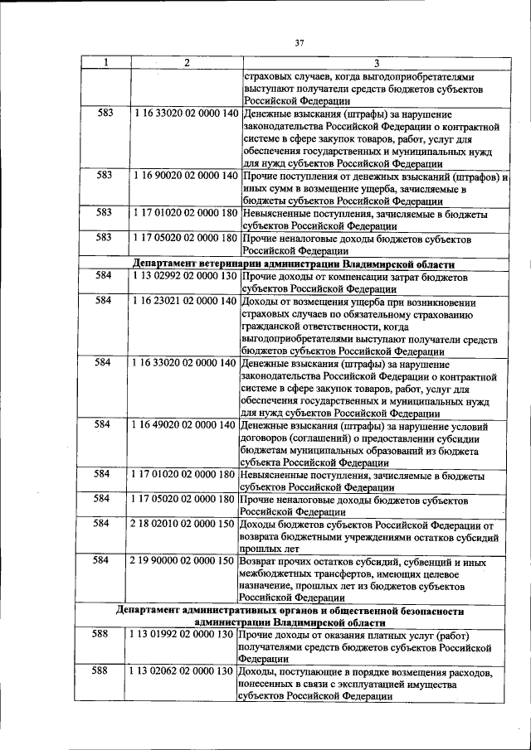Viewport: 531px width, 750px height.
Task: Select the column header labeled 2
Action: click(x=186, y=63)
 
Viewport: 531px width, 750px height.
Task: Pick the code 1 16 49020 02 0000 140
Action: click(x=184, y=425)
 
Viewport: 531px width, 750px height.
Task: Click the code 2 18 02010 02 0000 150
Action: click(x=183, y=525)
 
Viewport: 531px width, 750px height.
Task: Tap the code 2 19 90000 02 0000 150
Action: click(x=183, y=561)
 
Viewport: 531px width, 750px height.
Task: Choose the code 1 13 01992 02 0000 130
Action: click(x=183, y=634)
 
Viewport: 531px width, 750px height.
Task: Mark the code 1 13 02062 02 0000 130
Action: click(x=183, y=671)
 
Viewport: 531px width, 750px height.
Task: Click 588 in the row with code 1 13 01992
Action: click(x=105, y=634)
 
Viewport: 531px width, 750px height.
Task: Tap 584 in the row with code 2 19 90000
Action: click(x=105, y=561)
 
